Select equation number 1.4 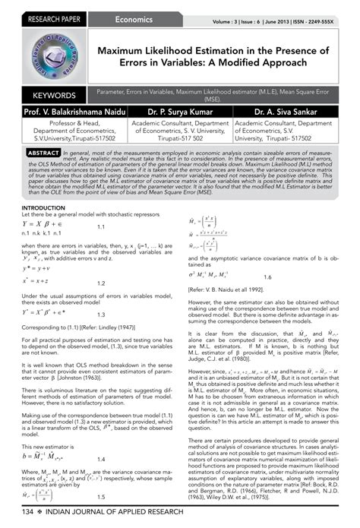(101, 438)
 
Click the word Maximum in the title (131, 51)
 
